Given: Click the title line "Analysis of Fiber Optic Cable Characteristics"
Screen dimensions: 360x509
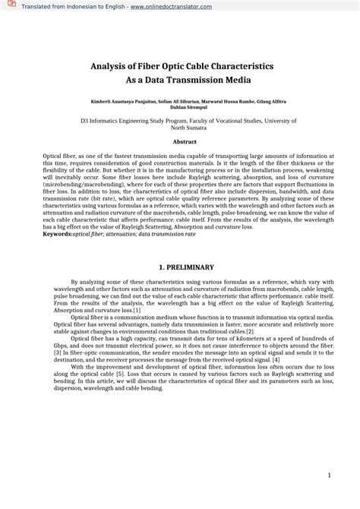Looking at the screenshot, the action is pos(179,67).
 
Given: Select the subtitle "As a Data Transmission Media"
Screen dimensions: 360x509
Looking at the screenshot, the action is pos(179,80).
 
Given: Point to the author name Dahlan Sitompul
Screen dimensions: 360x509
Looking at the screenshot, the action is pos(179,107).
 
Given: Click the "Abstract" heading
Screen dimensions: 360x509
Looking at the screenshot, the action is pos(179,142).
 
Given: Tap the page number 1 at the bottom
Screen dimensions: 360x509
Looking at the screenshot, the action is pos(329,475).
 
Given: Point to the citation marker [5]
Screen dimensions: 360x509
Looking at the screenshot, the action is pos(120,375).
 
